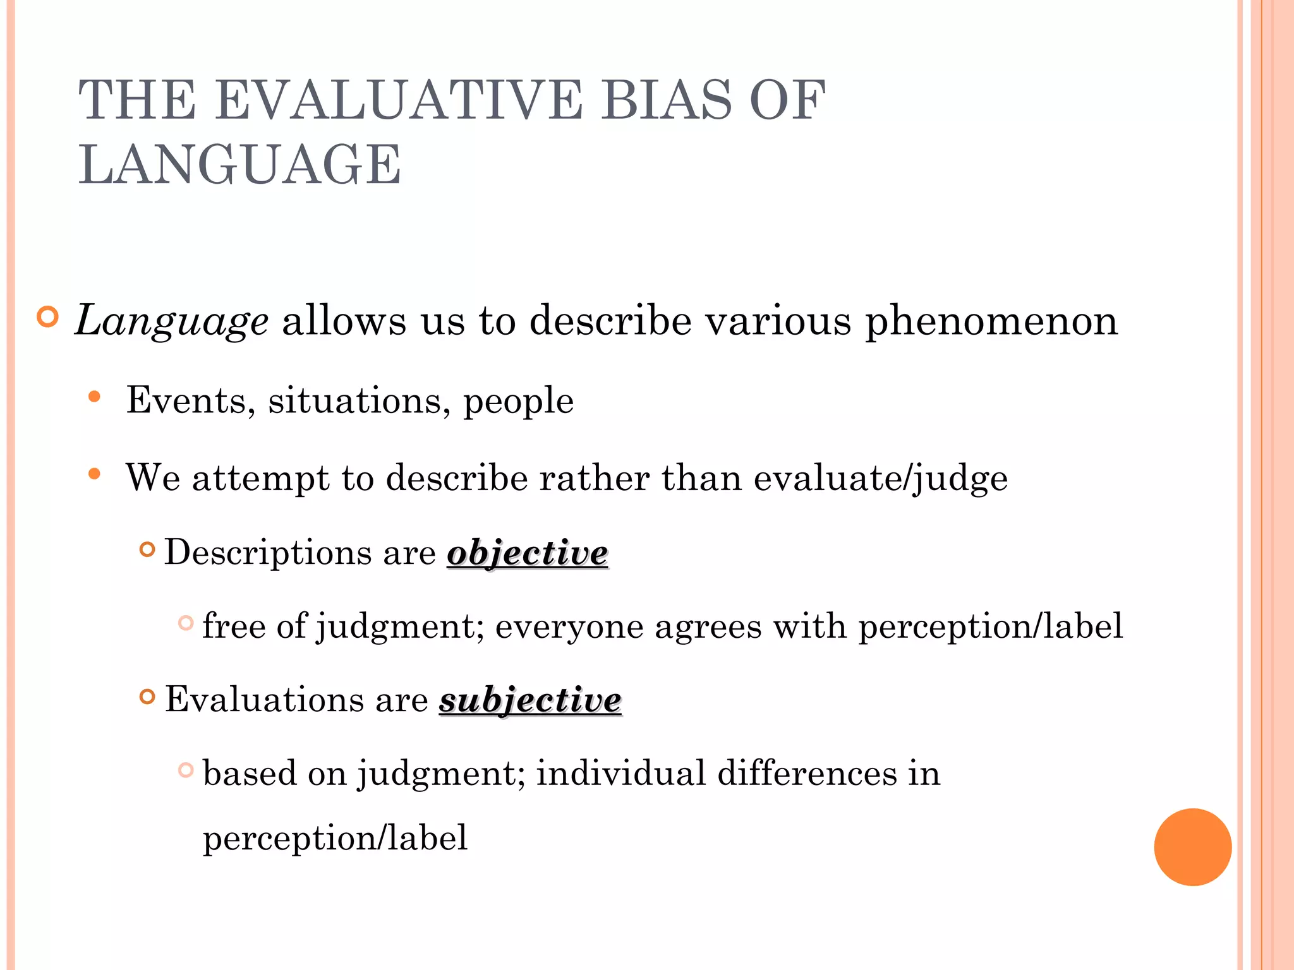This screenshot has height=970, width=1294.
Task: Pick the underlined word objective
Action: coord(528,553)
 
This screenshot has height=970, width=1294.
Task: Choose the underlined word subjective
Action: coord(531,700)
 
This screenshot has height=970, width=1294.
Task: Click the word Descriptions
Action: coord(268,553)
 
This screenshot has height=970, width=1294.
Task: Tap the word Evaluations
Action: coord(265,700)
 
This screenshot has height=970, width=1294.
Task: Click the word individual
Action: coord(620,773)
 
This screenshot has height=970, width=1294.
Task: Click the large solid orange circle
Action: coord(1192,847)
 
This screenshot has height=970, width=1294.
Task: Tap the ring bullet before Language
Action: coord(48,316)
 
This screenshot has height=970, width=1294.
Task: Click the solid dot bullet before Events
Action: coord(95,397)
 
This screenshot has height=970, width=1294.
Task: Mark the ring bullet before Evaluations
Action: coord(147,697)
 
